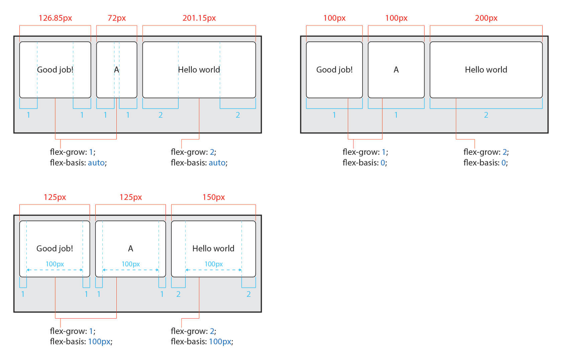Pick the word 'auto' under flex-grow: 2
pyautogui.click(x=217, y=162)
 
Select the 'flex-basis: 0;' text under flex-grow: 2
pyautogui.click(x=485, y=162)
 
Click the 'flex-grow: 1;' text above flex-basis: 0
pyautogui.click(x=365, y=152)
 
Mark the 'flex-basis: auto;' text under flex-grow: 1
pyautogui.click(x=78, y=162)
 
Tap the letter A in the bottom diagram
pyautogui.click(x=130, y=248)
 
